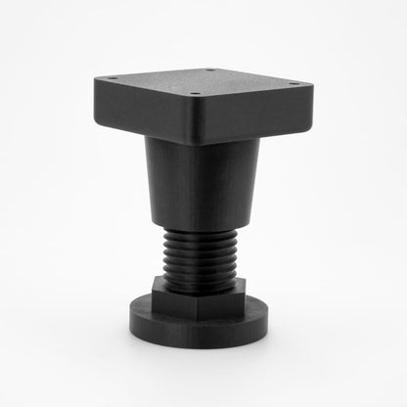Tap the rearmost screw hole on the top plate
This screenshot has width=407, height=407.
209,69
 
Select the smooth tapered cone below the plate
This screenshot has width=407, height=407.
203,186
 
